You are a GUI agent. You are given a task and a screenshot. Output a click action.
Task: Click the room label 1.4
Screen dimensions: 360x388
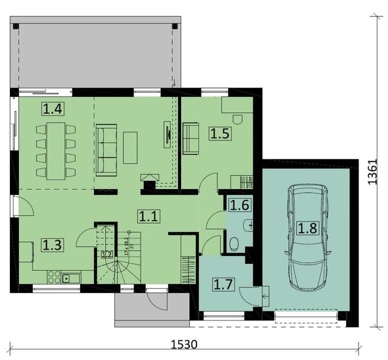click(52, 108)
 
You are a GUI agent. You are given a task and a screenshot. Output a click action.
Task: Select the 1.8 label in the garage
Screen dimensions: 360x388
click(309, 227)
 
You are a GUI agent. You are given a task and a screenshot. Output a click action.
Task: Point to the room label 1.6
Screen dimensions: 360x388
click(238, 205)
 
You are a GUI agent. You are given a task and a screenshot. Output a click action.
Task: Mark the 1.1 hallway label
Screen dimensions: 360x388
click(148, 216)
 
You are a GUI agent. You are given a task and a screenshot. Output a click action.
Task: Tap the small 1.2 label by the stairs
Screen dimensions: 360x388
click(106, 254)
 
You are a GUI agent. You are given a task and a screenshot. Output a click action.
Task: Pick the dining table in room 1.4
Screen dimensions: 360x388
click(56, 150)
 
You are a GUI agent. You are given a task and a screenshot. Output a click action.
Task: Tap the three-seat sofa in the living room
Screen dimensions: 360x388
click(107, 150)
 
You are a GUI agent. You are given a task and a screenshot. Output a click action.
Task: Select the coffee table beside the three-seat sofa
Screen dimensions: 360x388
click(130, 146)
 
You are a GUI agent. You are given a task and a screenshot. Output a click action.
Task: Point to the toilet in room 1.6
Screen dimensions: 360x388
click(234, 243)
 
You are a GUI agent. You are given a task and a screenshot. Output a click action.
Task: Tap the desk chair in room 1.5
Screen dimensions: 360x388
click(237, 119)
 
